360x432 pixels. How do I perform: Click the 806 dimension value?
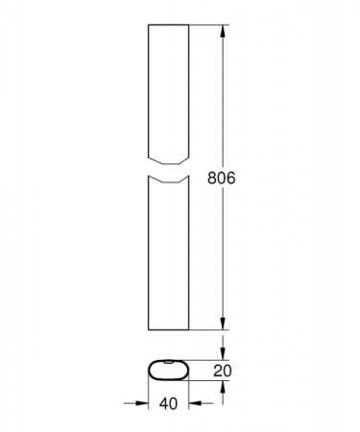coord(221,178)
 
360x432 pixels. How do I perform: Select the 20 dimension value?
coord(223,371)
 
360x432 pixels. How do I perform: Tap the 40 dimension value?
coord(168,404)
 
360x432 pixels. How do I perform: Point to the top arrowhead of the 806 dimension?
coord(223,31)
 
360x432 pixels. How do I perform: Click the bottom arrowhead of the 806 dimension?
coord(223,324)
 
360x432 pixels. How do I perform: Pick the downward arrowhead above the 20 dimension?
coord(223,353)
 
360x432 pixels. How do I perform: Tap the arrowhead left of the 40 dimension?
coord(142,403)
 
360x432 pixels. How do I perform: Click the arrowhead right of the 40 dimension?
coord(195,403)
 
